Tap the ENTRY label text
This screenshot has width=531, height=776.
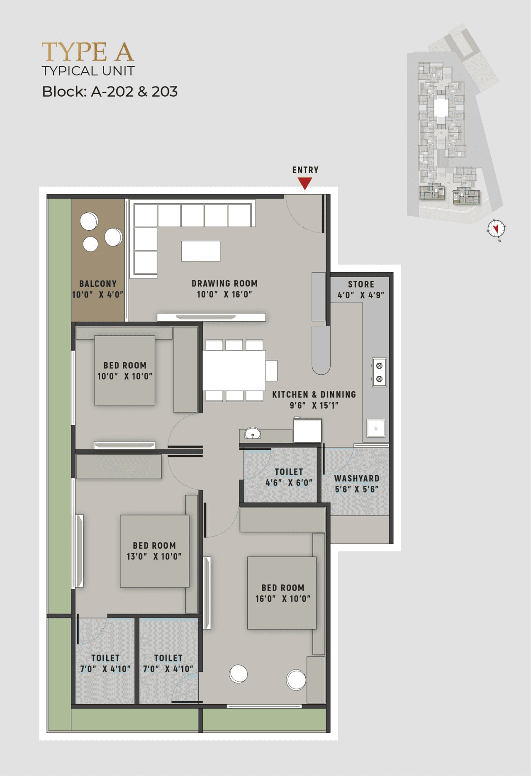[x=305, y=170]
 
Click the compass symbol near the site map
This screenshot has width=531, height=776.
[x=496, y=229]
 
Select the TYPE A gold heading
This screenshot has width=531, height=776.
[x=88, y=52]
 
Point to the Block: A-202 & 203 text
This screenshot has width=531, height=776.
[x=110, y=92]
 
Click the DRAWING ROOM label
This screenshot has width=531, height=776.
[x=224, y=283]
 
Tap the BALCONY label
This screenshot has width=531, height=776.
[x=98, y=284]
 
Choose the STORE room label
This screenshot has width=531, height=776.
[x=361, y=284]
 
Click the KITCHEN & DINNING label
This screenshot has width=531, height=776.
[x=314, y=395]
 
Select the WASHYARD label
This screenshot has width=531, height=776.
[x=357, y=478]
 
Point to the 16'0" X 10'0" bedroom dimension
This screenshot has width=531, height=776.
[x=283, y=598]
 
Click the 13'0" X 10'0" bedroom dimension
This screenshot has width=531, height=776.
[x=154, y=556]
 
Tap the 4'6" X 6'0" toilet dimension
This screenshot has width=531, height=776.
[x=289, y=483]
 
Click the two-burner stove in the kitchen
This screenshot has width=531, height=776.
[x=379, y=372]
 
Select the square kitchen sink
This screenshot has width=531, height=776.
[x=376, y=428]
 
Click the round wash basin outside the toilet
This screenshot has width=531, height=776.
[x=252, y=434]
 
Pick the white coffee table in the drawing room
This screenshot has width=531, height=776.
[x=200, y=251]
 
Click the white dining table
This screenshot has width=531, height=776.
[x=234, y=370]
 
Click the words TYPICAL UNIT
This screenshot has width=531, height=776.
[x=88, y=71]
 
